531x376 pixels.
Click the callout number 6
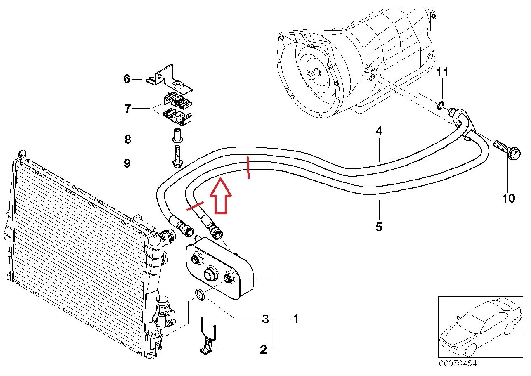point(127,78)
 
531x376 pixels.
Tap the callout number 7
point(128,109)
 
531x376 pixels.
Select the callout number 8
point(128,140)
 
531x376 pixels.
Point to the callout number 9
point(127,163)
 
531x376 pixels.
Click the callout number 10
point(509,198)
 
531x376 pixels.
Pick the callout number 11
point(442,72)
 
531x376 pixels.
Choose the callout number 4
point(379,131)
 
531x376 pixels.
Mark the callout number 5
point(379,226)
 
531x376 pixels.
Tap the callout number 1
point(295,319)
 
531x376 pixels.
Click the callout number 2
point(263,350)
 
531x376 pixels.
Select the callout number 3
point(265,319)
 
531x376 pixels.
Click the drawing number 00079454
point(457,364)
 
